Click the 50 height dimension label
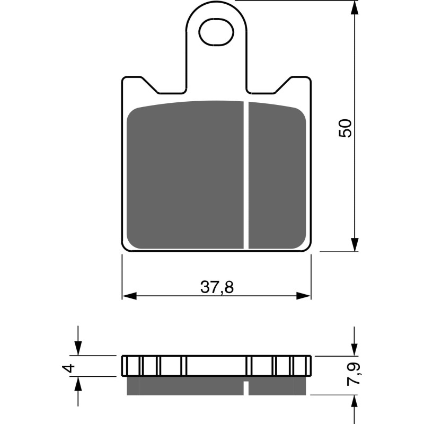point(345,128)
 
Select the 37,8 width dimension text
point(217,287)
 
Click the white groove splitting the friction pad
point(246,175)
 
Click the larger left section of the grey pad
point(185,175)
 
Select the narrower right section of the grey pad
point(277,175)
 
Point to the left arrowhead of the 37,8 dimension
point(129,295)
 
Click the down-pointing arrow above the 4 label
point(78,348)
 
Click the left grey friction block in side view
point(185,386)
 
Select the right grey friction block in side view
point(277,386)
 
